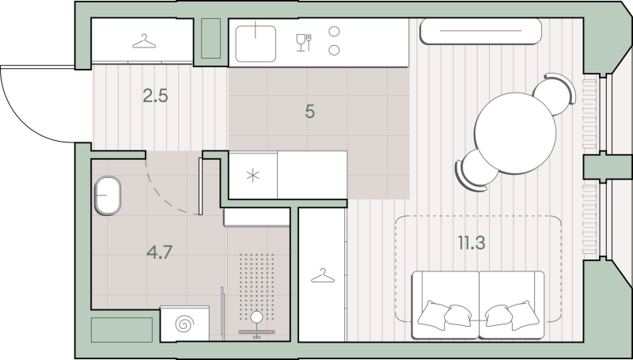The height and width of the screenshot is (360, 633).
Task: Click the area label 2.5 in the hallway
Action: coord(155,96)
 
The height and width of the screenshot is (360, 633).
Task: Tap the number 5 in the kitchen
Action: coord(309,112)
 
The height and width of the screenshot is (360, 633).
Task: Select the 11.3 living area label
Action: coord(472,243)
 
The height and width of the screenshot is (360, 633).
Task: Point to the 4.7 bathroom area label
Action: coord(160,252)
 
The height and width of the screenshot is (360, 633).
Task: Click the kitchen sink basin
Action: coord(256,44)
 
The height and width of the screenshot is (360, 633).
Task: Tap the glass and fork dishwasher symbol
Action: coord(304,43)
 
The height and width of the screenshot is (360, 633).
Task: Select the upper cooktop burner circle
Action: coord(334,31)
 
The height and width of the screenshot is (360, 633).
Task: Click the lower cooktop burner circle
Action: coord(334,50)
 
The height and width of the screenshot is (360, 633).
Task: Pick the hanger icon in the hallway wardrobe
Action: coord(144,42)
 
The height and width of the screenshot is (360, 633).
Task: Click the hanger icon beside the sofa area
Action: coord(323,276)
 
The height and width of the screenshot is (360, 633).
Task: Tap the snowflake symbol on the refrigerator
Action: coord(252,176)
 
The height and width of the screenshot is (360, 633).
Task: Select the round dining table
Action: coord(515,133)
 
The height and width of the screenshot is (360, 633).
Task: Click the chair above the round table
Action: coord(555,93)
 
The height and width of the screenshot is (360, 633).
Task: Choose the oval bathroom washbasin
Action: coord(108,195)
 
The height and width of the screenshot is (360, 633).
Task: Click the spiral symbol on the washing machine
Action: coord(184,324)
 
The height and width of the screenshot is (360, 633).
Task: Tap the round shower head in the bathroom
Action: coord(256,317)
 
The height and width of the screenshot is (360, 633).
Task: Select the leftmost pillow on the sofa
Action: coord(432,315)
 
